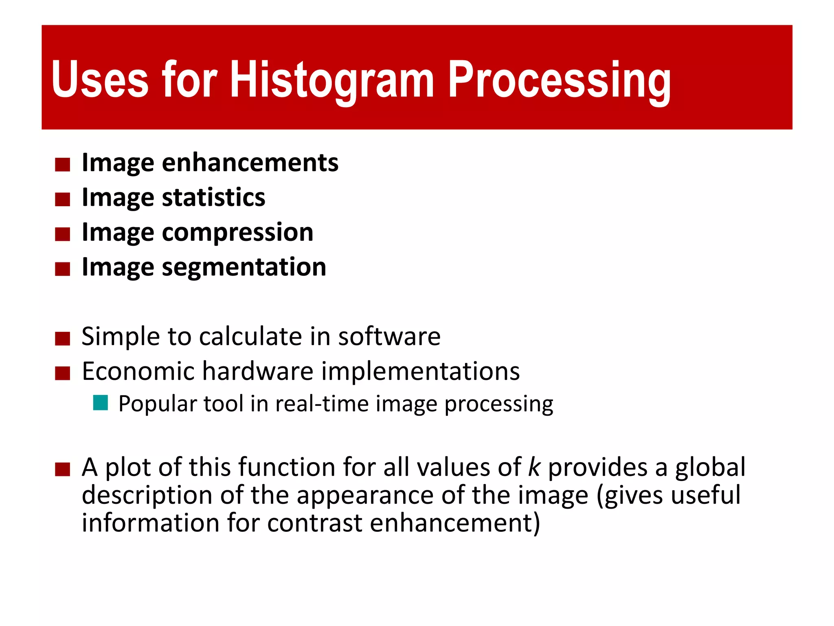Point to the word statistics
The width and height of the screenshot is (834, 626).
(213, 198)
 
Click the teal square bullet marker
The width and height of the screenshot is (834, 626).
(100, 403)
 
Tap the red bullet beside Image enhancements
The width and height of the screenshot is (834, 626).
(63, 165)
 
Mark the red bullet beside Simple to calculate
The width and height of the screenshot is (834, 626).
(63, 338)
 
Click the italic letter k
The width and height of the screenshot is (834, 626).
(534, 467)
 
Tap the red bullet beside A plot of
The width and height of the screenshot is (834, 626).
(63, 469)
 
